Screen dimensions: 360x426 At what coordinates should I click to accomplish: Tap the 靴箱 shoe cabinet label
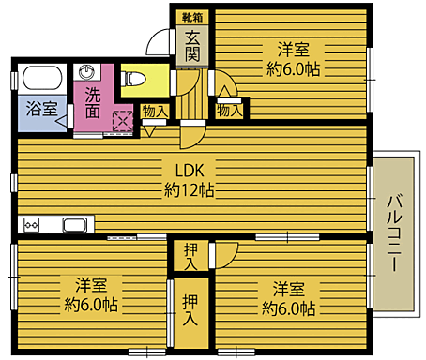point(191,16)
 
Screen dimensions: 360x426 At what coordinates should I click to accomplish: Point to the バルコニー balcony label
point(394,231)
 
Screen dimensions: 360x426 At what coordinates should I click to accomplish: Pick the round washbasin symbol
point(89,72)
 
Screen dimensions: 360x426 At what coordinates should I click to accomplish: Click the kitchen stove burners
point(31,225)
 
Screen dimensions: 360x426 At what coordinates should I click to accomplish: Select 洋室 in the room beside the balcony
point(289,288)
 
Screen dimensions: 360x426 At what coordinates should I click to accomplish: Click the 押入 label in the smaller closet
point(190,253)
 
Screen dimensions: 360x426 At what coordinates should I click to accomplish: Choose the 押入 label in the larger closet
point(190,310)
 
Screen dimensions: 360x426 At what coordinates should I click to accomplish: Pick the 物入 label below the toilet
point(155,112)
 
